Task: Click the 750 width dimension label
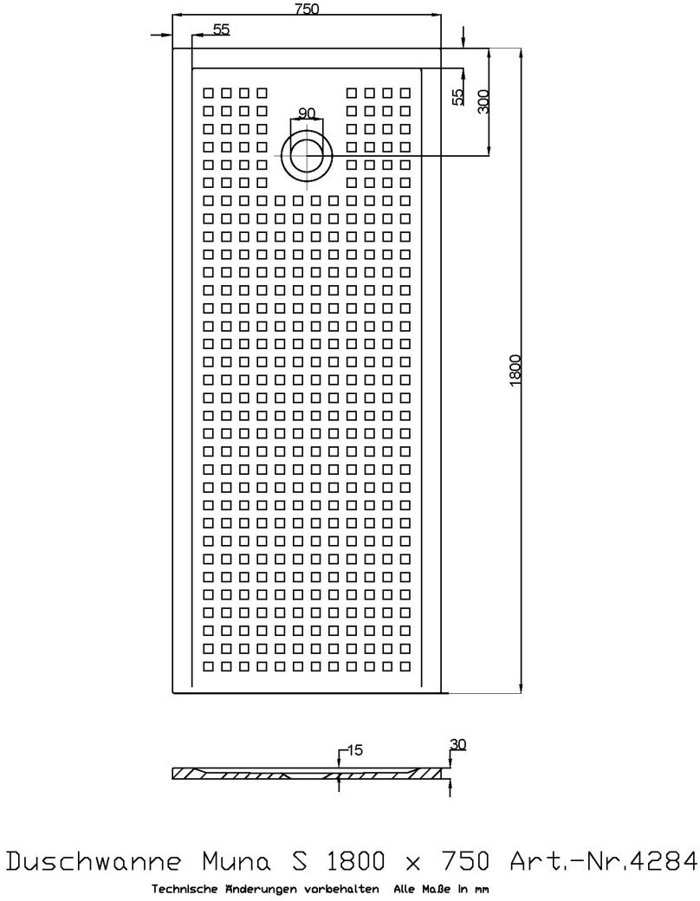point(307,10)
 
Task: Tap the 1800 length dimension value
point(515,371)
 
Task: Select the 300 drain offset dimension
point(483,101)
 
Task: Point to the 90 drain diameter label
point(307,113)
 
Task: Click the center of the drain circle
point(307,156)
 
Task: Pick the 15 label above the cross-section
point(353,749)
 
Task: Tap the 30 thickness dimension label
point(458,744)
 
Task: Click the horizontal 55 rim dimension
point(221,29)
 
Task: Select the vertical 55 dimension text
point(458,97)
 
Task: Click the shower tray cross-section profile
point(312,774)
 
